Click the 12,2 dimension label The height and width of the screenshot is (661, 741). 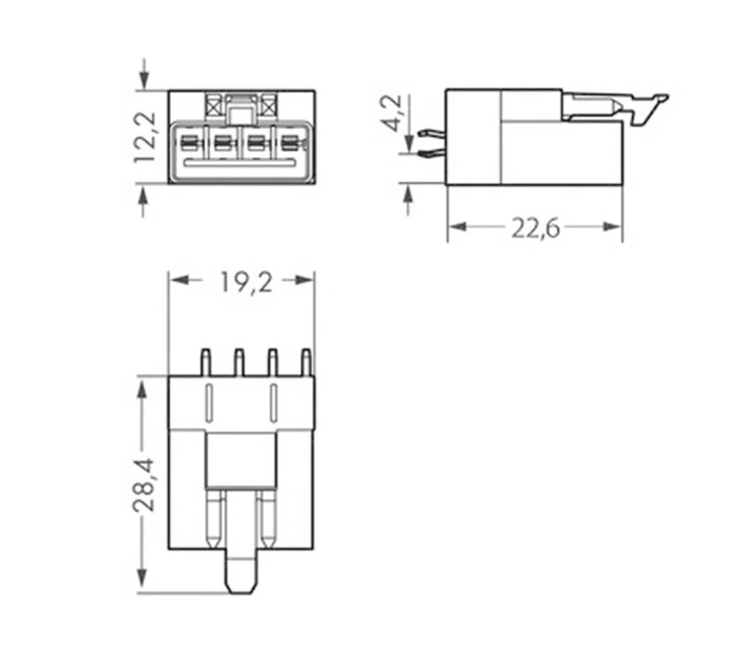tap(144, 137)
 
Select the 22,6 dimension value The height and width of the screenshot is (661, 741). tap(535, 228)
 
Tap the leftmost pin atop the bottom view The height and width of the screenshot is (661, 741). tap(205, 363)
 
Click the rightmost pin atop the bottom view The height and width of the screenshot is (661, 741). tap(305, 363)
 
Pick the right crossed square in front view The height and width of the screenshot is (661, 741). tap(268, 105)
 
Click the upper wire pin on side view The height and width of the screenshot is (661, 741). tap(430, 134)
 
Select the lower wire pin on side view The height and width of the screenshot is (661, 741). tap(430, 154)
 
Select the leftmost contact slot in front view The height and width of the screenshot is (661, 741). tap(190, 142)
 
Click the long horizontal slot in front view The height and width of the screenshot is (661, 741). tap(242, 162)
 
